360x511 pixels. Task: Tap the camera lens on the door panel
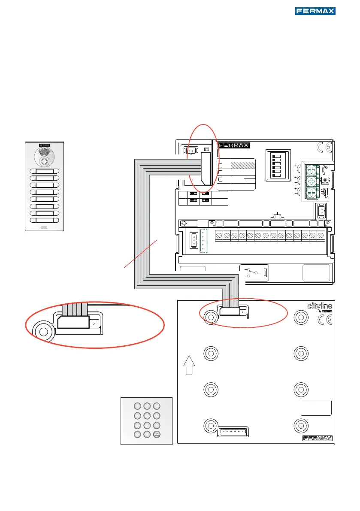coord(44,162)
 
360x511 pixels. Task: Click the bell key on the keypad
coord(157,434)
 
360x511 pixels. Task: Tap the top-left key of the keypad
coord(137,405)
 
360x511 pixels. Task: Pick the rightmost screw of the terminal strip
coord(321,236)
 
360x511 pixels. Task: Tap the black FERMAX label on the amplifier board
coord(233,145)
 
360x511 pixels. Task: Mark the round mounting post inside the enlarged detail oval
coord(43,331)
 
